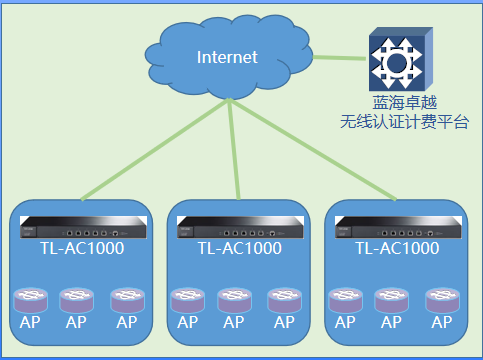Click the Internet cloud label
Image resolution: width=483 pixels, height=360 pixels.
tap(227, 57)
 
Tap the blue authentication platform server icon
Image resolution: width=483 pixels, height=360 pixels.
tap(398, 61)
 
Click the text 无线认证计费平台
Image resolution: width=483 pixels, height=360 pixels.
tap(403, 123)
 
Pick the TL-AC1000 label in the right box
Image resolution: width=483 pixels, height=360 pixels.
tap(397, 248)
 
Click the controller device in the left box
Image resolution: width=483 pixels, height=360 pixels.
tap(77, 228)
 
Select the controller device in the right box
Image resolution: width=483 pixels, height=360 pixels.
tap(397, 228)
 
